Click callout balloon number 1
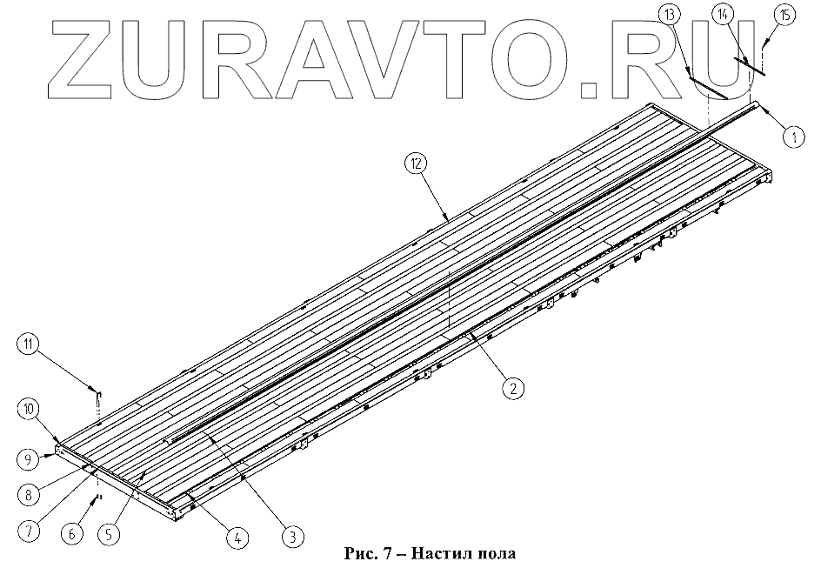click(x=792, y=136)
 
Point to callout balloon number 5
click(x=108, y=535)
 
